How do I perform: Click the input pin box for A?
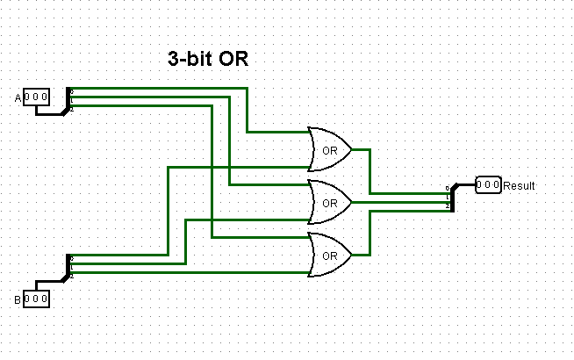click(x=37, y=97)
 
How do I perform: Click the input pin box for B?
click(x=37, y=299)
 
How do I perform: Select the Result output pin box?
click(x=488, y=185)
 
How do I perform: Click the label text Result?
click(x=519, y=186)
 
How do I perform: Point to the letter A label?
click(x=18, y=97)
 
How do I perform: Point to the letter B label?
click(x=18, y=300)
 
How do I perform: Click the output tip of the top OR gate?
click(x=351, y=149)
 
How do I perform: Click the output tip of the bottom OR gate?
click(x=351, y=256)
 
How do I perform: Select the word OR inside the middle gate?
click(x=330, y=203)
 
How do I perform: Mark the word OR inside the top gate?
click(x=330, y=150)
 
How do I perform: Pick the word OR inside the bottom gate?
click(x=330, y=256)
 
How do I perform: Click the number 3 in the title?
click(x=173, y=60)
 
